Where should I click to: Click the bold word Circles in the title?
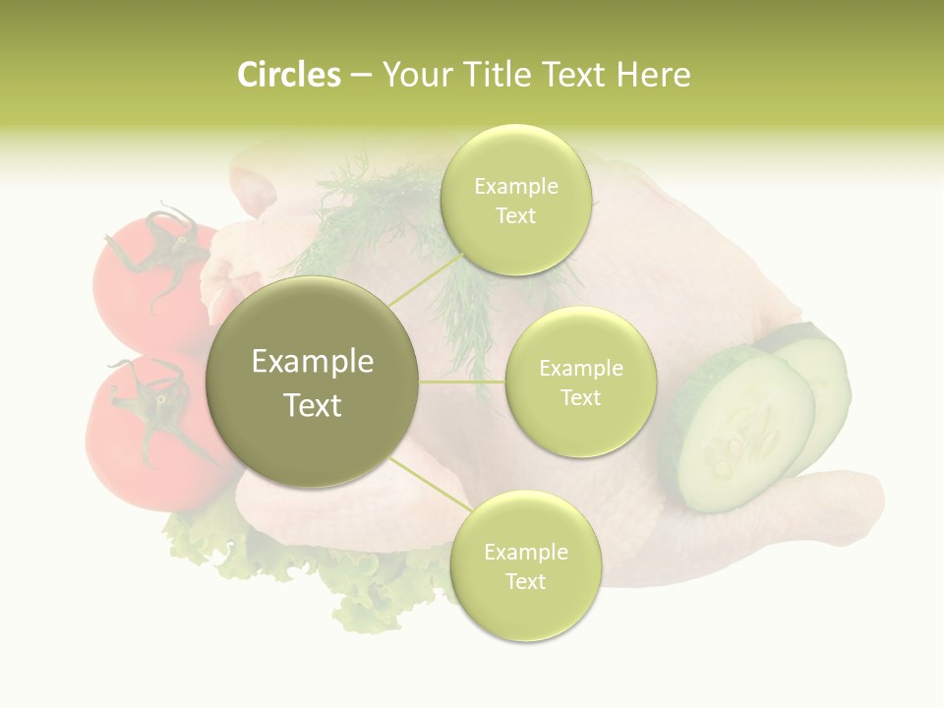288,75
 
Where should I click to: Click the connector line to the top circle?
425,279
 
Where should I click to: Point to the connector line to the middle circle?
462,382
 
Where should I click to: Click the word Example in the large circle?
312,362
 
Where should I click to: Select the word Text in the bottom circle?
525,582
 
